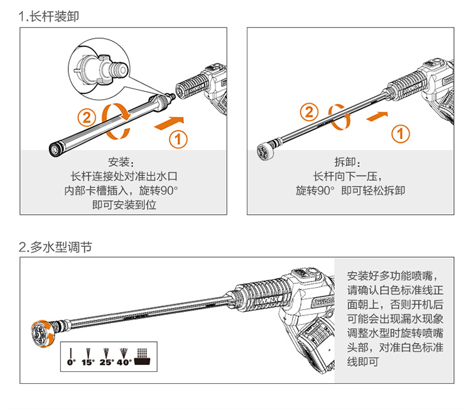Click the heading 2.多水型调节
[x=56, y=247]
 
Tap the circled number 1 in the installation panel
[x=179, y=139]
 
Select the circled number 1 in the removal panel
[x=401, y=133]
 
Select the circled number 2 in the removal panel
[x=309, y=112]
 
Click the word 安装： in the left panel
[x=121, y=161]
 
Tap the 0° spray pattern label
[x=71, y=363]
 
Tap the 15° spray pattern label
[x=87, y=363]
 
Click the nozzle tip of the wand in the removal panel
[x=265, y=151]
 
